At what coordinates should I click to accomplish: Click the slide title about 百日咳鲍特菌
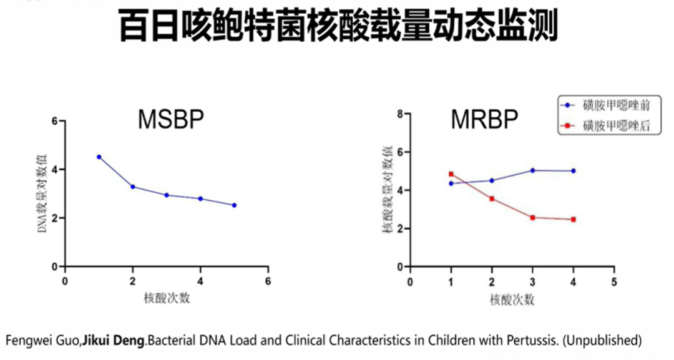click(x=337, y=26)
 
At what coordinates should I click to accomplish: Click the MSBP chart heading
click(x=170, y=120)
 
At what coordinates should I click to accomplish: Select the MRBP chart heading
click(x=484, y=120)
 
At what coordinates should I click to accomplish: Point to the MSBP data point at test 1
click(x=99, y=157)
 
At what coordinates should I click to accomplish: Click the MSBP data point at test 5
click(x=234, y=205)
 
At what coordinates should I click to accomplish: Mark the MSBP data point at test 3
click(x=167, y=195)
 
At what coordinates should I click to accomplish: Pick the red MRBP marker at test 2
click(x=492, y=198)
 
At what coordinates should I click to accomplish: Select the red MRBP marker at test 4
click(x=573, y=219)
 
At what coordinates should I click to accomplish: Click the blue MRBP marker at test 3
click(x=532, y=170)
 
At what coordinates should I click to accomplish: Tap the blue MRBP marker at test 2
click(x=492, y=180)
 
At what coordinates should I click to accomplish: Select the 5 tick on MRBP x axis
click(x=614, y=281)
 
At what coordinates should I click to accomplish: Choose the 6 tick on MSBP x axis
click(x=268, y=281)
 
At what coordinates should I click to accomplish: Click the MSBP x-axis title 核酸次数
click(x=167, y=298)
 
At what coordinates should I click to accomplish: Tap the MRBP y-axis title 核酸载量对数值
click(x=388, y=190)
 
